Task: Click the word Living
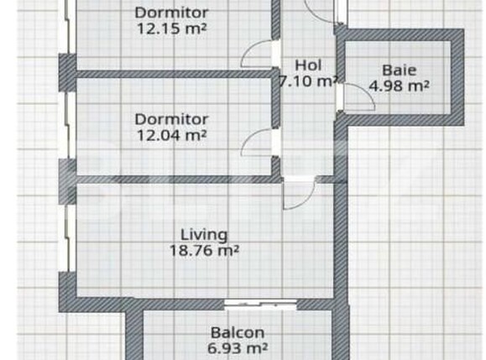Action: tap(204, 234)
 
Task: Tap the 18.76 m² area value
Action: tap(204, 250)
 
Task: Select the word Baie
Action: tap(399, 70)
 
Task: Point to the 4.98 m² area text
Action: tap(399, 86)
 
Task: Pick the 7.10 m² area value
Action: tap(308, 81)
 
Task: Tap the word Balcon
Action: tap(238, 333)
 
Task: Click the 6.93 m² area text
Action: tap(238, 348)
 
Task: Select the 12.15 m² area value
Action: tap(172, 29)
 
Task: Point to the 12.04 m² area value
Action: tap(172, 135)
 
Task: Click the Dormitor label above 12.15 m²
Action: tap(172, 13)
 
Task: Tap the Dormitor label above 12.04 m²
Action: tap(172, 120)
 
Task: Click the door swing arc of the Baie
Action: tap(366, 91)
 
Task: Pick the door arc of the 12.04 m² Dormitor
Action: tap(250, 136)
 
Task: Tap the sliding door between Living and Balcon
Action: tap(260, 305)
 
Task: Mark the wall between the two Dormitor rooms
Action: tap(174, 74)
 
